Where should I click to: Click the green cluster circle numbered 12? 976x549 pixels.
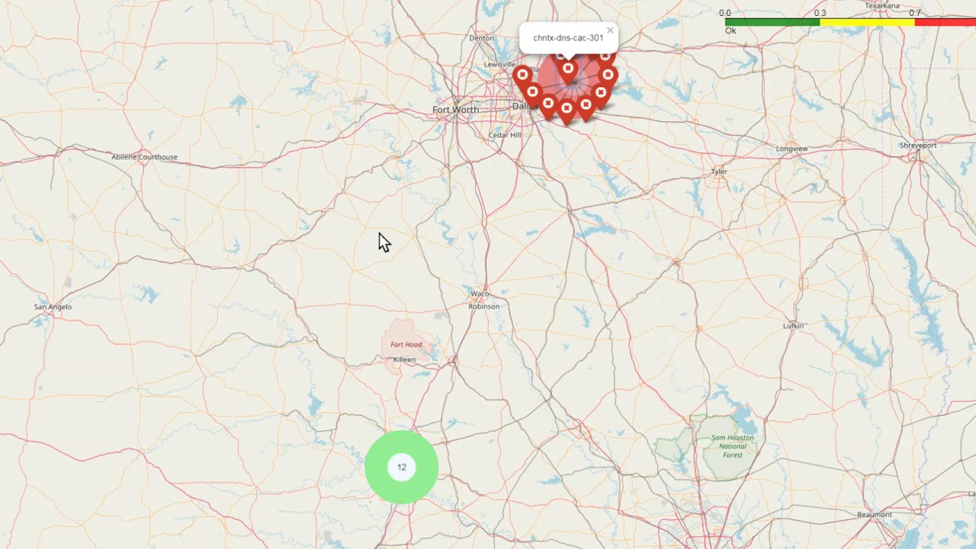click(x=401, y=467)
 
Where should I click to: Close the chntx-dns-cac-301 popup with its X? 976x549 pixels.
click(x=610, y=31)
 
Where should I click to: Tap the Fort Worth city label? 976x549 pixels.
click(x=455, y=110)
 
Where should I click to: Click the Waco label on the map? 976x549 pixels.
click(x=480, y=294)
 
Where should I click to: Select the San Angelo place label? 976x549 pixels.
click(x=53, y=307)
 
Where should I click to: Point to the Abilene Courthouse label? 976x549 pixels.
click(x=144, y=157)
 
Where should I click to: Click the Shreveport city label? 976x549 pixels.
click(x=917, y=145)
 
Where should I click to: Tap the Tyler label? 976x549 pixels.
click(x=719, y=172)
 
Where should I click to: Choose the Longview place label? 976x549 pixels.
click(x=791, y=149)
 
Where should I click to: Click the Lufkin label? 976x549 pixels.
click(x=793, y=326)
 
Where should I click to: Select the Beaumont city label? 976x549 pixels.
click(x=874, y=515)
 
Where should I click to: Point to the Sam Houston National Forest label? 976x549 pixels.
click(x=732, y=446)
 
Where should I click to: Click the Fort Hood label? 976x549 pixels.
click(x=406, y=345)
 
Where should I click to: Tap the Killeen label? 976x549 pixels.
click(x=404, y=359)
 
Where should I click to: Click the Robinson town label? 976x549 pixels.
click(x=483, y=307)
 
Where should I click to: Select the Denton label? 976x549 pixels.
click(x=482, y=37)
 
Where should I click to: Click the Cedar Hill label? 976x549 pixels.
click(x=505, y=135)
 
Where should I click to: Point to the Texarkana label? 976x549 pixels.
click(x=882, y=5)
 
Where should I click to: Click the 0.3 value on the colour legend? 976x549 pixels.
click(x=820, y=13)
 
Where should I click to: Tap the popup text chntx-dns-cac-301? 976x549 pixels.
click(x=568, y=37)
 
